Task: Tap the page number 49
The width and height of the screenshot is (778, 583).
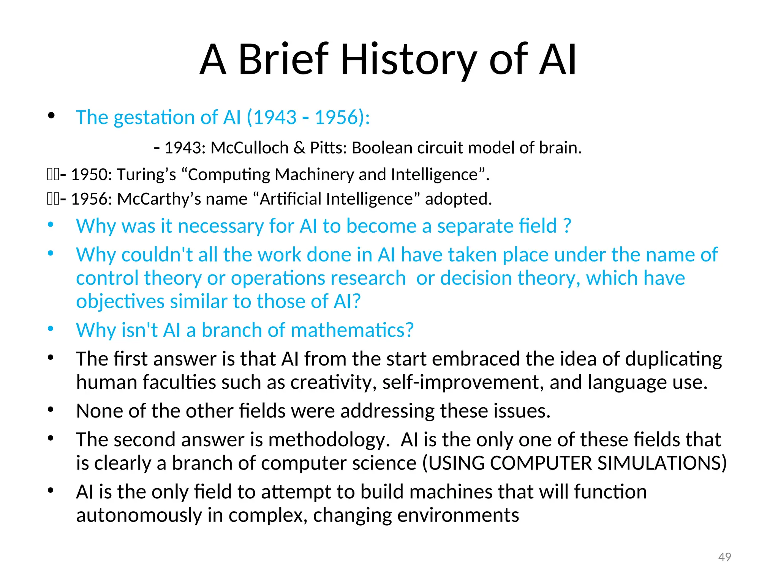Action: pos(724,557)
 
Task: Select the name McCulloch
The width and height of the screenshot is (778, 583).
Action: pos(250,148)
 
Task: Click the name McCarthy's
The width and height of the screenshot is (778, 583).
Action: pos(159,199)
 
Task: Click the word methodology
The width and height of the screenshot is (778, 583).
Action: pos(329,440)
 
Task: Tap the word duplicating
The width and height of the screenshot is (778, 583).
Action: pos(674,359)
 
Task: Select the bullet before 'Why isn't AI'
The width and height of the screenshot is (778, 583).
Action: pos(51,329)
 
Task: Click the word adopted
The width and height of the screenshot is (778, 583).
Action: pos(458,199)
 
